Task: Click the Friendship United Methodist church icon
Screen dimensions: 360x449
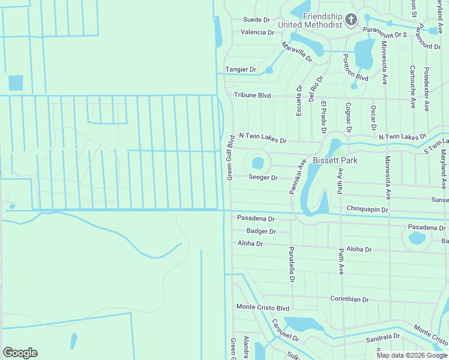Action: pyautogui.click(x=352, y=21)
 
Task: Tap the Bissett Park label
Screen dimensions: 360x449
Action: pyautogui.click(x=335, y=160)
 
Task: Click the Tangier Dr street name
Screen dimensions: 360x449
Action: pyautogui.click(x=240, y=70)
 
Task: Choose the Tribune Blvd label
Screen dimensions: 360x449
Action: pyautogui.click(x=253, y=95)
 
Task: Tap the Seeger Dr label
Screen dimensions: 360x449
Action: pyautogui.click(x=263, y=178)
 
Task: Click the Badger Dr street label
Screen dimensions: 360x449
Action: pyautogui.click(x=261, y=231)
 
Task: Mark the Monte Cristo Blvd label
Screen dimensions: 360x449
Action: pyautogui.click(x=263, y=307)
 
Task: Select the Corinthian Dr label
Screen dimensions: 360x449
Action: pyautogui.click(x=349, y=299)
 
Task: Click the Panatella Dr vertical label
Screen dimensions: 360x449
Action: pyautogui.click(x=291, y=264)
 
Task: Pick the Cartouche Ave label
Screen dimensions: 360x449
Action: pyautogui.click(x=412, y=86)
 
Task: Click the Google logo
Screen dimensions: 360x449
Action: pyautogui.click(x=20, y=353)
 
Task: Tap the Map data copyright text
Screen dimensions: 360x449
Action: pyautogui.click(x=411, y=355)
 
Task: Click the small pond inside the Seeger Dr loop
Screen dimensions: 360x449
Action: pyautogui.click(x=258, y=163)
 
